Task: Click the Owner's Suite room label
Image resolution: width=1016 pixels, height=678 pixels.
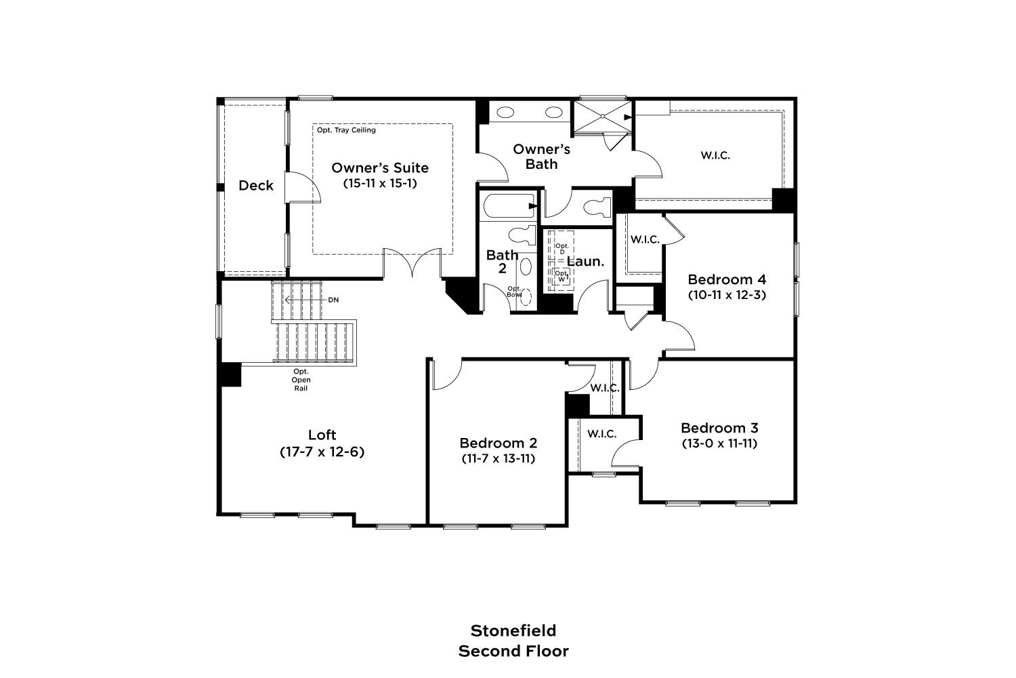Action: tap(380, 168)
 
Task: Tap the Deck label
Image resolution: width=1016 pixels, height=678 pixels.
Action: tap(256, 185)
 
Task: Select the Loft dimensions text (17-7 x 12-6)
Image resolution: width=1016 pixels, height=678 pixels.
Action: tap(322, 452)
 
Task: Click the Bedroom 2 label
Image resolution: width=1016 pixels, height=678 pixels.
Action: tap(498, 443)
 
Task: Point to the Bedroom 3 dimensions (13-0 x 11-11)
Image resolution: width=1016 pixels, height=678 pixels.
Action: tap(719, 443)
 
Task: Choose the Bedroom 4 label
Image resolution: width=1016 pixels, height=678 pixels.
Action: tap(727, 279)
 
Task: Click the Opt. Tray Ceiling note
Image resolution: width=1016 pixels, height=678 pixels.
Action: tap(346, 130)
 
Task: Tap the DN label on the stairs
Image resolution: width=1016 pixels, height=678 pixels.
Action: tap(333, 300)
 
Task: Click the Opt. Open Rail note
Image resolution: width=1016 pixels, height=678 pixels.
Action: tap(301, 380)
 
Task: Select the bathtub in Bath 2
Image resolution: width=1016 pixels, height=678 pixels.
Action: tap(509, 206)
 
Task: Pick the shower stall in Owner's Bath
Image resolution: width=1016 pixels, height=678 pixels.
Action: tap(602, 116)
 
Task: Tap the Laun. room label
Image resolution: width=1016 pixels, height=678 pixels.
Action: tap(586, 262)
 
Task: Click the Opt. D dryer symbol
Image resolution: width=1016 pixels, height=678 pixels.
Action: tap(562, 248)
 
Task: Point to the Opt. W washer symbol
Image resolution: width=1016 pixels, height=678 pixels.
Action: tap(562, 275)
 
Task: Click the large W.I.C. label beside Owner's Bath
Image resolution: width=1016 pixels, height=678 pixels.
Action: tap(715, 155)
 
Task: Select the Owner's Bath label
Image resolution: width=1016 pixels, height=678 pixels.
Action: tap(542, 157)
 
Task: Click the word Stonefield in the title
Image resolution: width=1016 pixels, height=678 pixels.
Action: tap(513, 631)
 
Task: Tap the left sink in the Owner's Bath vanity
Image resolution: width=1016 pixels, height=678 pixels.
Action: tap(505, 112)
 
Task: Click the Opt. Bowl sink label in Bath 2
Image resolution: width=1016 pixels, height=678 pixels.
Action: tap(514, 292)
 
